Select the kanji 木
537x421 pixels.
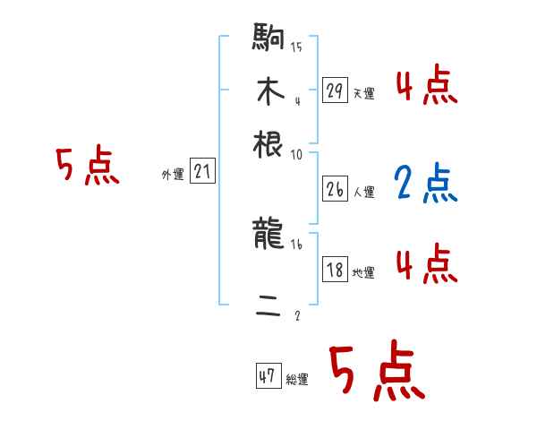point(268,90)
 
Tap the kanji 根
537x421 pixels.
point(268,143)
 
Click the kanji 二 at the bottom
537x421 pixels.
point(268,307)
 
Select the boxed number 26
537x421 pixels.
point(335,190)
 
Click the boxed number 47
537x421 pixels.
point(268,376)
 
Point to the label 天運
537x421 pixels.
point(363,93)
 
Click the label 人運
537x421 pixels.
point(363,193)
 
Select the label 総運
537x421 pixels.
point(297,380)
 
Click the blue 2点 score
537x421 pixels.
point(425,184)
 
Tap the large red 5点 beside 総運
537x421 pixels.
point(377,373)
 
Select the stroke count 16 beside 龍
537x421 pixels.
point(296,244)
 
